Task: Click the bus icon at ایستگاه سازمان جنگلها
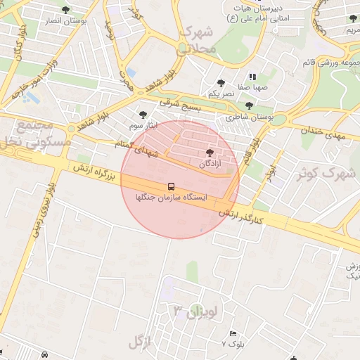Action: tap(171, 186)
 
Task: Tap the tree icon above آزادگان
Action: tap(210, 153)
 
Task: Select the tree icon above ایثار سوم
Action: tap(143, 114)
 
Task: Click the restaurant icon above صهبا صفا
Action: tap(250, 77)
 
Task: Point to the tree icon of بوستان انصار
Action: tap(66, 10)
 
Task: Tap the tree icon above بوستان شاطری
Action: tap(249, 105)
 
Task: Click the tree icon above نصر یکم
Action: tap(221, 83)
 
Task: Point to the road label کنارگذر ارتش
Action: tap(240, 214)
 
